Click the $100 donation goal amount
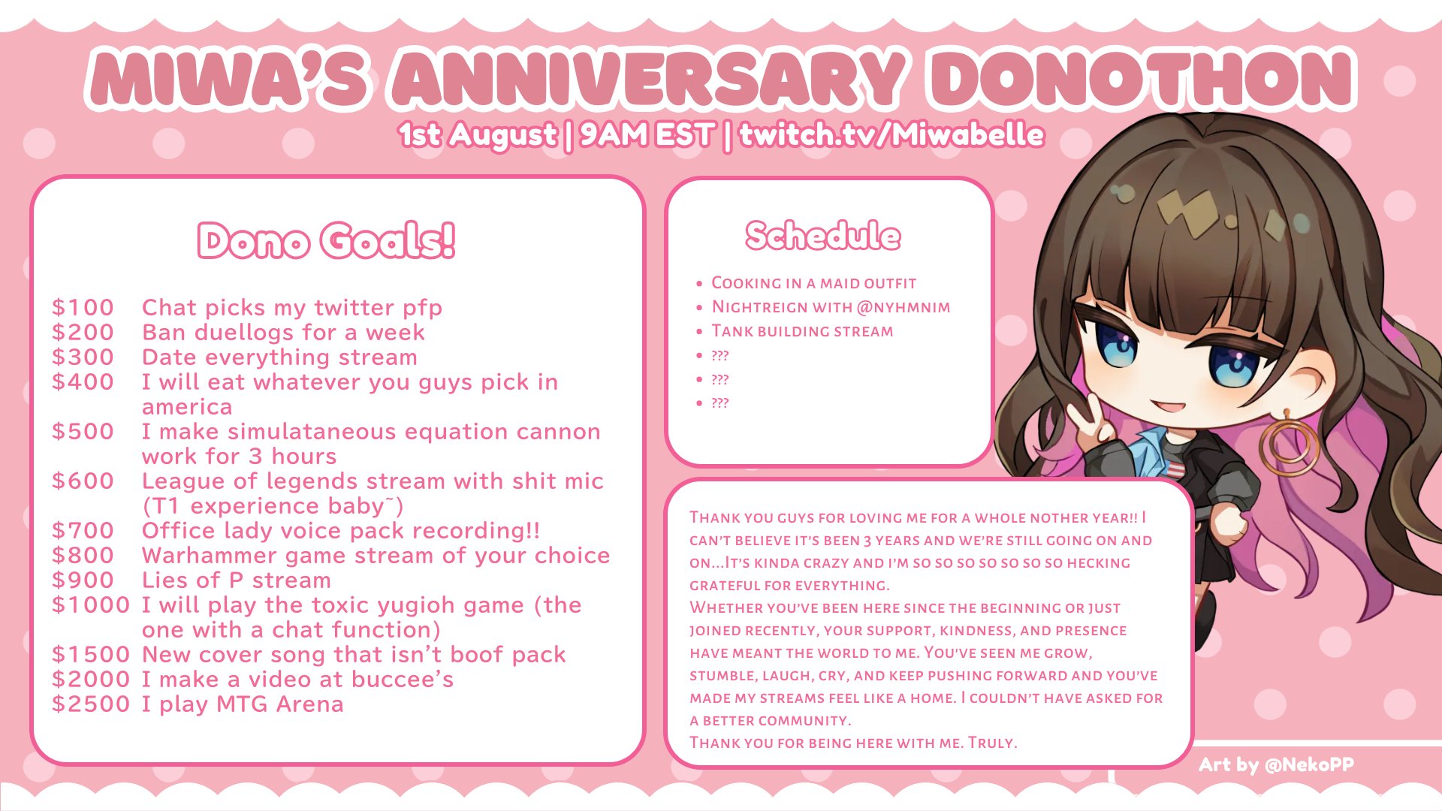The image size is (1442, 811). [83, 307]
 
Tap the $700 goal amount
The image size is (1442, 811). [83, 530]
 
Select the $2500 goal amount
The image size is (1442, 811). [91, 704]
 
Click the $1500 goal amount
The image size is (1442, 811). [91, 654]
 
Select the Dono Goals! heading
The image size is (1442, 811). [327, 240]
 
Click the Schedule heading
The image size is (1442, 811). [823, 235]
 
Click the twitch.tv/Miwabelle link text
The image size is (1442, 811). [891, 134]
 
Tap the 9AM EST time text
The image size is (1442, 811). [647, 135]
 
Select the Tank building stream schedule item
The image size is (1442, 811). [802, 331]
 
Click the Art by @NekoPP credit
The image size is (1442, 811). [1276, 764]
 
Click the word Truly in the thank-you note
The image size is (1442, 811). [992, 743]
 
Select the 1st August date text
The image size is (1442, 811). [478, 135]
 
